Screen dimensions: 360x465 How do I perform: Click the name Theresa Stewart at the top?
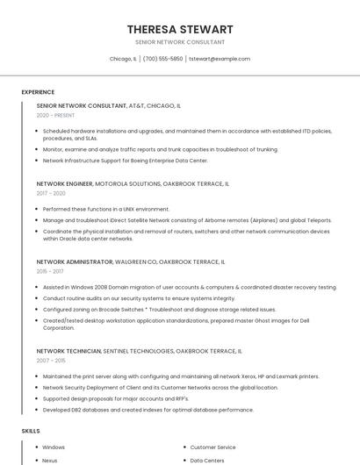180,29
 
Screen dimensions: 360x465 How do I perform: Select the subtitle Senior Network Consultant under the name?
180,42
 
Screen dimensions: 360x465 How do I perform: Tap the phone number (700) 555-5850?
162,59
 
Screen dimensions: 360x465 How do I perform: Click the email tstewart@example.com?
220,59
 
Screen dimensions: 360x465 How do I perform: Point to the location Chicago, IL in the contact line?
123,59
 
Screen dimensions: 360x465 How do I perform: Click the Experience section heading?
38,92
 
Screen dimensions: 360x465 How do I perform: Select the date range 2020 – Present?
55,115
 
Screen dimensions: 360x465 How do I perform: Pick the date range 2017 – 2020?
51,193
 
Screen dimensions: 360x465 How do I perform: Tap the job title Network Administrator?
75,261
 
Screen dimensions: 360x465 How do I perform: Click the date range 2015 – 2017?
51,271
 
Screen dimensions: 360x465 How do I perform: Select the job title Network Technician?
69,351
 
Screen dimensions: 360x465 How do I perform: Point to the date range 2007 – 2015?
51,361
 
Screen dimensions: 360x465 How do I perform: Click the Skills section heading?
31,431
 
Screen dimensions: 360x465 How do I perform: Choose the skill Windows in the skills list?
54,447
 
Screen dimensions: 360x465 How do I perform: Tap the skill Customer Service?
212,447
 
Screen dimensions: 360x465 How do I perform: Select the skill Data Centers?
207,460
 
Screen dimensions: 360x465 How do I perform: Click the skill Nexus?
50,460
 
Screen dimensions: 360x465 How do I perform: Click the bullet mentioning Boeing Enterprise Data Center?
126,161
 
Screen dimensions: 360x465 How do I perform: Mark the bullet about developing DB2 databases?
148,410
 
